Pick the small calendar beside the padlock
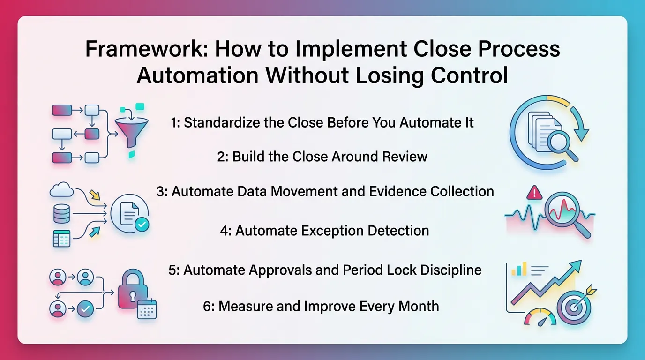pos(147,310)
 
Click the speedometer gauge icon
pos(540,316)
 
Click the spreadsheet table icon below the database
pos(61,239)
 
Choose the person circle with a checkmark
pos(85,308)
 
